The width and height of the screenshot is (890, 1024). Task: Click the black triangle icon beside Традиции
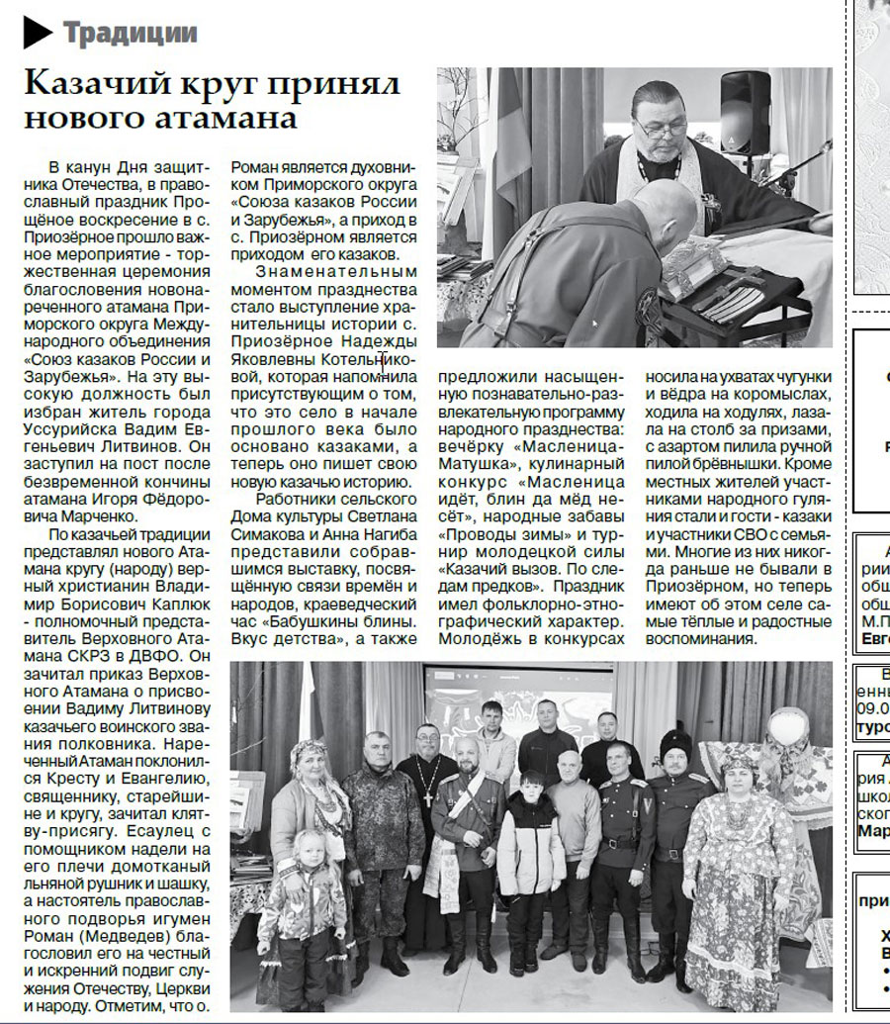tap(37, 33)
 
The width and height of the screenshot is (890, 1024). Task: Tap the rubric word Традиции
tap(130, 33)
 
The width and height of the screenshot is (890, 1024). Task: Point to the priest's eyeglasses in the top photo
tap(661, 126)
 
